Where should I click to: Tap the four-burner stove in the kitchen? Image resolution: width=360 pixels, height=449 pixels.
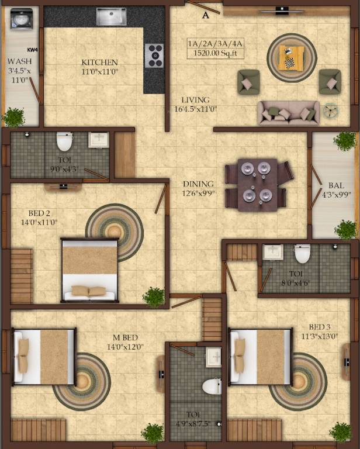tap(154, 56)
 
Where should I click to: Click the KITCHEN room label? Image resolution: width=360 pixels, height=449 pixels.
tap(99, 63)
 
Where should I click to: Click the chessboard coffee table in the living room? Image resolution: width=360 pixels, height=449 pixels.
tap(291, 57)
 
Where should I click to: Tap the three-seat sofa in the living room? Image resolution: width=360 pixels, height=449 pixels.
tap(289, 113)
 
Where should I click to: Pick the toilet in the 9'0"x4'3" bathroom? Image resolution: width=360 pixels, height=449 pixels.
tap(64, 141)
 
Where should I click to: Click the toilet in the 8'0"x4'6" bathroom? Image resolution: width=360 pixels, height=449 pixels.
tap(302, 253)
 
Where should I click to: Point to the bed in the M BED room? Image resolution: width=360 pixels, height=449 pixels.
tap(45, 357)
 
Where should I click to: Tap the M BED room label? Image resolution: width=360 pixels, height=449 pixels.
tap(125, 338)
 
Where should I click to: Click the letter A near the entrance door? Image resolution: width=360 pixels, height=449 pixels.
tap(205, 16)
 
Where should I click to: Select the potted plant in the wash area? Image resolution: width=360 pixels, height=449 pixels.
tap(13, 117)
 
